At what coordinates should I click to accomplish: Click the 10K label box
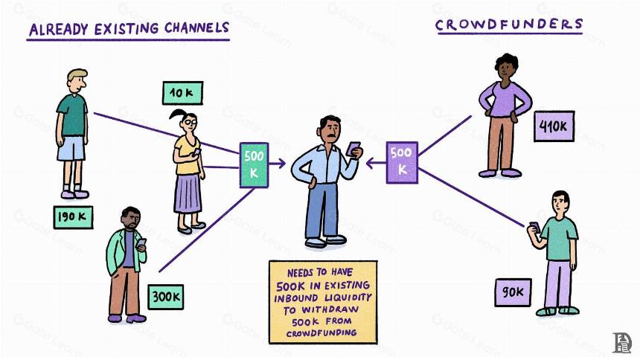point(182,93)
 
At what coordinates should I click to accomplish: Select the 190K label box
point(73,217)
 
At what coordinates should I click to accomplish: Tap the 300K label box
point(166,297)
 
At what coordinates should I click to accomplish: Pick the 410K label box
point(554,126)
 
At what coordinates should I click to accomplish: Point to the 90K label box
point(513,292)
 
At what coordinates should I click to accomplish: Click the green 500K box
point(254,165)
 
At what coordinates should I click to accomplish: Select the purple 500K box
point(402,162)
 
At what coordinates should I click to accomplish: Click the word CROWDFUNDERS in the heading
point(509,25)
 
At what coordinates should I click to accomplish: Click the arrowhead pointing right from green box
point(281,164)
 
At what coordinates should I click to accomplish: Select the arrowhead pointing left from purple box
point(370,164)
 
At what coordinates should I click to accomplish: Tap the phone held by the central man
point(353,149)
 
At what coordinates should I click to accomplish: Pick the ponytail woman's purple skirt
point(188,193)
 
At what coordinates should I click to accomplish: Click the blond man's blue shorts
point(71,148)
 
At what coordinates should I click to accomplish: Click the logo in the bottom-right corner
point(622,343)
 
